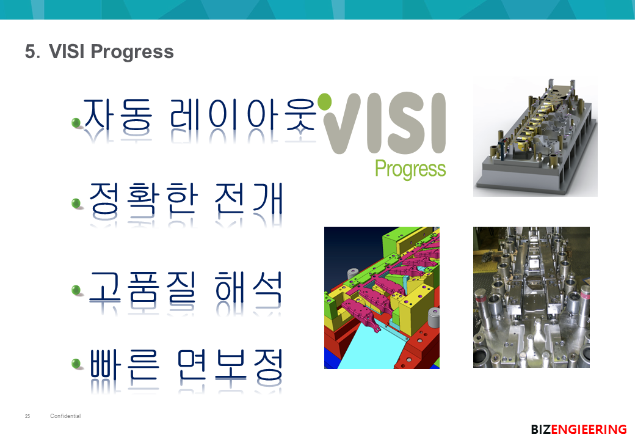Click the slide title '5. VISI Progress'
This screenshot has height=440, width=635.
point(99,51)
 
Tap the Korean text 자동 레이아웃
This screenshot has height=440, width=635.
point(199,115)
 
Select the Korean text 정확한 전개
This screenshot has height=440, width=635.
point(186,199)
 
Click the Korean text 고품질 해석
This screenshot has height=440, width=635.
point(186,288)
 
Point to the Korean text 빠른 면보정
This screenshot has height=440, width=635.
point(186,366)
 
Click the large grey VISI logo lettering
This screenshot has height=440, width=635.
point(385,123)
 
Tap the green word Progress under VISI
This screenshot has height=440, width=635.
point(410,169)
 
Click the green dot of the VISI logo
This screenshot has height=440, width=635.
point(325,101)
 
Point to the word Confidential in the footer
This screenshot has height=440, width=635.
point(65,416)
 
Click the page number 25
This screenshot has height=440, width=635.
point(27,416)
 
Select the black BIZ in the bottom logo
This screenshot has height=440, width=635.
point(541,429)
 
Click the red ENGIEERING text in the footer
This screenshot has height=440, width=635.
point(589,429)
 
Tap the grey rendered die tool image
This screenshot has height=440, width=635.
point(535,137)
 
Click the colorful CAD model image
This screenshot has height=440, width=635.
point(382,298)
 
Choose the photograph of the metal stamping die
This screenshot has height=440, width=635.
point(531,298)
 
